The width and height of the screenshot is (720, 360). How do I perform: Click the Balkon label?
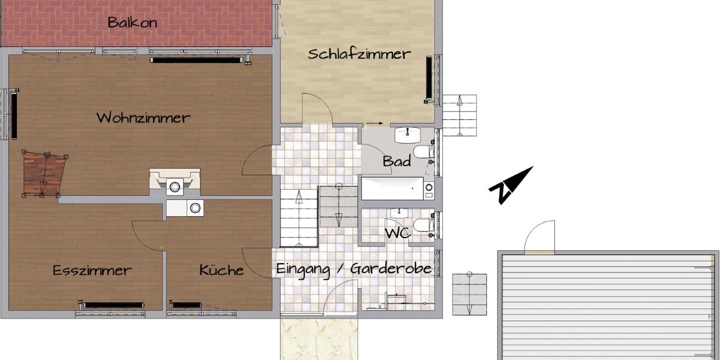pos(133,23)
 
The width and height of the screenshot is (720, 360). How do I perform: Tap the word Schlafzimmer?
pos(359,54)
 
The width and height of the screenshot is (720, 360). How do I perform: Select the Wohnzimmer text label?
pos(143,118)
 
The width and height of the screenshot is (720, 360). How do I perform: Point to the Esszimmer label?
pos(92,270)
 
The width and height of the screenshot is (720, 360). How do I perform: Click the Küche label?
pos(221,270)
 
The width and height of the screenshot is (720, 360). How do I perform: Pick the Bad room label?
pos(397,161)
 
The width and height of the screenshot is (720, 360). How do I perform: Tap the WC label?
pos(397,233)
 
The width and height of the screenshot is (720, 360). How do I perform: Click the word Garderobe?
pos(391,268)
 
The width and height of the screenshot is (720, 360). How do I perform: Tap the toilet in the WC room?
pos(424,226)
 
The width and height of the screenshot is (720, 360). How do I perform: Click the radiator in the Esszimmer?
pos(113,305)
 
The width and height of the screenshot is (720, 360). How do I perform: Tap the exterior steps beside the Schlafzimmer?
pos(459,115)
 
